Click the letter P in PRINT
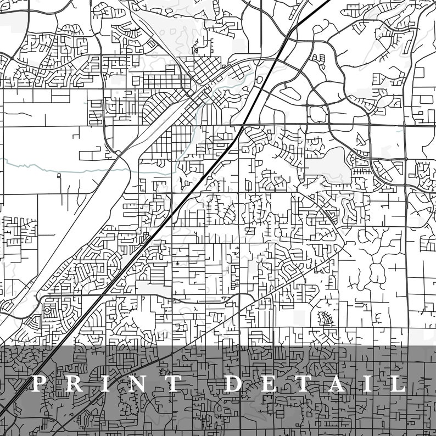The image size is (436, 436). tap(39, 384)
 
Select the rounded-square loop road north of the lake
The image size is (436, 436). tap(317, 114)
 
